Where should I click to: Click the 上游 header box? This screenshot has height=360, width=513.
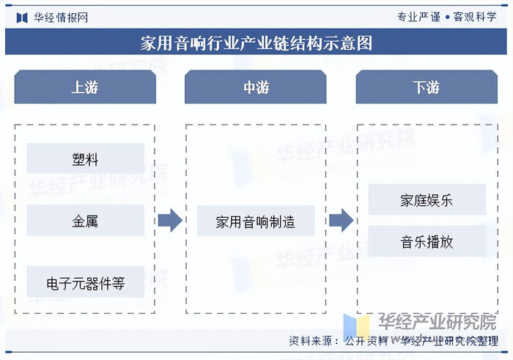[x=85, y=87]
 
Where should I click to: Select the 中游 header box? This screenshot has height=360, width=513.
[x=256, y=87]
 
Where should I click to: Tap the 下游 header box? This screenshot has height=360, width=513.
[x=427, y=87]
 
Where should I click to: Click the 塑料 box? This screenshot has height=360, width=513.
[x=85, y=158]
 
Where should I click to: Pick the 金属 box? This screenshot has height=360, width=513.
[x=85, y=221]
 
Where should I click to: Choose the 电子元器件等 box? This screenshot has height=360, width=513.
[x=85, y=283]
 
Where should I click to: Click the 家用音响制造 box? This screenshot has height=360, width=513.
[x=256, y=221]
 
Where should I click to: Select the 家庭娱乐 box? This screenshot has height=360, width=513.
[x=427, y=199]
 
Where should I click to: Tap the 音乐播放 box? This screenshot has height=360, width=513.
[x=427, y=241]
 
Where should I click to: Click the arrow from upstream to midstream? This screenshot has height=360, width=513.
[x=170, y=220]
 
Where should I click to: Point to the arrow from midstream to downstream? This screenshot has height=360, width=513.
[x=341, y=220]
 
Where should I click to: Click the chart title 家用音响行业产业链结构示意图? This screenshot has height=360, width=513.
[x=256, y=44]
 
